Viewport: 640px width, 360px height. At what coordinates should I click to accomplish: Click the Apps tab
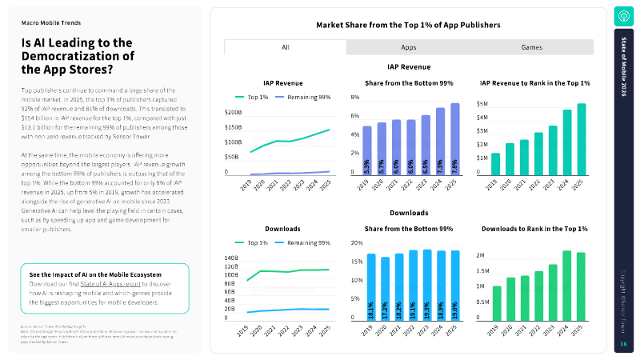[409, 47]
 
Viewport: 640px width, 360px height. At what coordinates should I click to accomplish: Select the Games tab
[532, 47]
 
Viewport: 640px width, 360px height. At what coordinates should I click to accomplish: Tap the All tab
[286, 47]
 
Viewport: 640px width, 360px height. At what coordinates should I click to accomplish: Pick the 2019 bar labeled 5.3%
[367, 151]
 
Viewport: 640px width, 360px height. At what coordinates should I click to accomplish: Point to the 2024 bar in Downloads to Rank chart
[567, 286]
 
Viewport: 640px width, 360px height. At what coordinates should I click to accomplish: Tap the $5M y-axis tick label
[482, 104]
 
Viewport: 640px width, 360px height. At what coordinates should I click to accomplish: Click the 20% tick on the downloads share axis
[357, 242]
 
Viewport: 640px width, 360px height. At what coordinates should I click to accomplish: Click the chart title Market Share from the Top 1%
[408, 25]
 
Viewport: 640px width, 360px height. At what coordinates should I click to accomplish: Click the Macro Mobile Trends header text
[50, 23]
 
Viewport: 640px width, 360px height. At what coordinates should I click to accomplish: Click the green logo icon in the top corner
[623, 16]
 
